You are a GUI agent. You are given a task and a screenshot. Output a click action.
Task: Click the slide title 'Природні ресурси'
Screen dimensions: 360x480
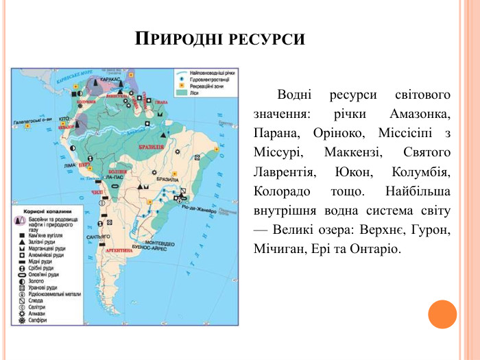[x=219, y=38]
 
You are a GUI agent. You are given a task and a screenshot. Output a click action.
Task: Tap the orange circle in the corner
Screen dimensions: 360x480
[x=442, y=313]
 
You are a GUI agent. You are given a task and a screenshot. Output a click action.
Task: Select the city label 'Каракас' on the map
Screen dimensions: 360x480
[x=110, y=80]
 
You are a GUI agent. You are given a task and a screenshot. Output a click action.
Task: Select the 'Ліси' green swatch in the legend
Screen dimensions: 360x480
[x=181, y=92]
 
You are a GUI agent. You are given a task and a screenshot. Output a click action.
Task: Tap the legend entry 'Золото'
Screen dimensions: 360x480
[x=37, y=281]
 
